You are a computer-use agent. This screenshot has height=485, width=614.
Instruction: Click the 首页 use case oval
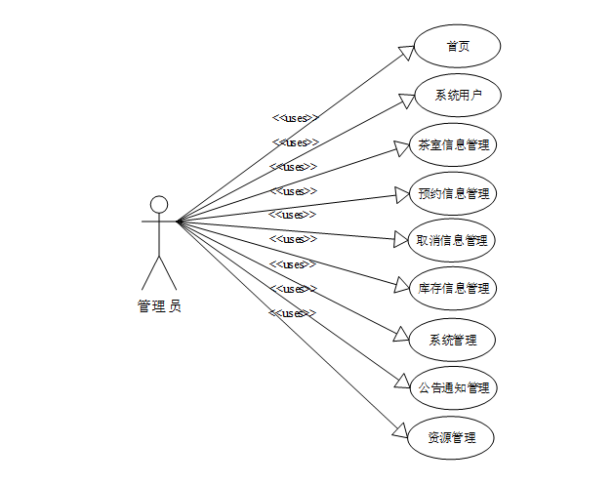click(x=458, y=46)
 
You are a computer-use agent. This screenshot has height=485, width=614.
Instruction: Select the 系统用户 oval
click(x=458, y=95)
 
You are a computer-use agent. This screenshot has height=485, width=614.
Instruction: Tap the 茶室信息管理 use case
click(x=453, y=144)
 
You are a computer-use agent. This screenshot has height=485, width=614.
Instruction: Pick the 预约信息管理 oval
click(x=453, y=192)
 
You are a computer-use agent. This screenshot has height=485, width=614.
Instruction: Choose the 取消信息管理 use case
click(x=452, y=240)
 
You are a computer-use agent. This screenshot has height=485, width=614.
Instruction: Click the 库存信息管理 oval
click(x=453, y=289)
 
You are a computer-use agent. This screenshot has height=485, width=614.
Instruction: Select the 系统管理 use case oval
click(x=453, y=340)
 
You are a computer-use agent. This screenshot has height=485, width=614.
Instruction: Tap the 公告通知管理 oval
click(x=453, y=387)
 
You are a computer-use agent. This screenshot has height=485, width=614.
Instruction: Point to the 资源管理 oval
click(x=452, y=436)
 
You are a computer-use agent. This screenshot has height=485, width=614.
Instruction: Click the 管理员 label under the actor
click(x=159, y=306)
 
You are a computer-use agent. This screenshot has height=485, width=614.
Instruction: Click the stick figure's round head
click(x=159, y=204)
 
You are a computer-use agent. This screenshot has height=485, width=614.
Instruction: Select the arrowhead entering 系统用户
click(x=406, y=99)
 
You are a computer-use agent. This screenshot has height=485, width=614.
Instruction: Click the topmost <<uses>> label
click(x=295, y=118)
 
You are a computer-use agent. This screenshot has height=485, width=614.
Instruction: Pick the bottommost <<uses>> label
click(x=292, y=313)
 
